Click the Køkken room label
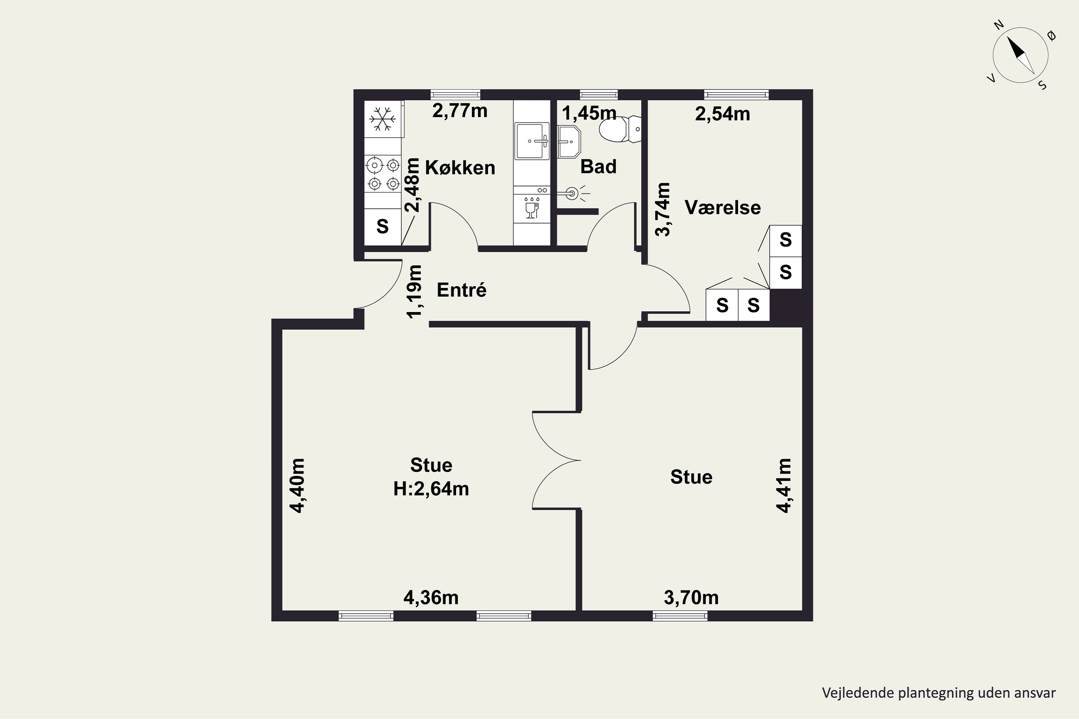tap(460, 168)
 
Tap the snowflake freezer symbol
tap(383, 119)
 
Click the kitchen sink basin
tap(532, 141)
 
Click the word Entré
tap(461, 290)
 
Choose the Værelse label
tap(723, 208)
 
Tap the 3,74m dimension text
tap(663, 209)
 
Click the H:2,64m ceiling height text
tap(431, 489)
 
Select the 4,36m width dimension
tap(431, 597)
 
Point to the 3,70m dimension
tap(691, 597)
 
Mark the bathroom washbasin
tap(569, 142)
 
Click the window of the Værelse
tap(736, 95)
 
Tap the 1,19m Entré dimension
tap(414, 291)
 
